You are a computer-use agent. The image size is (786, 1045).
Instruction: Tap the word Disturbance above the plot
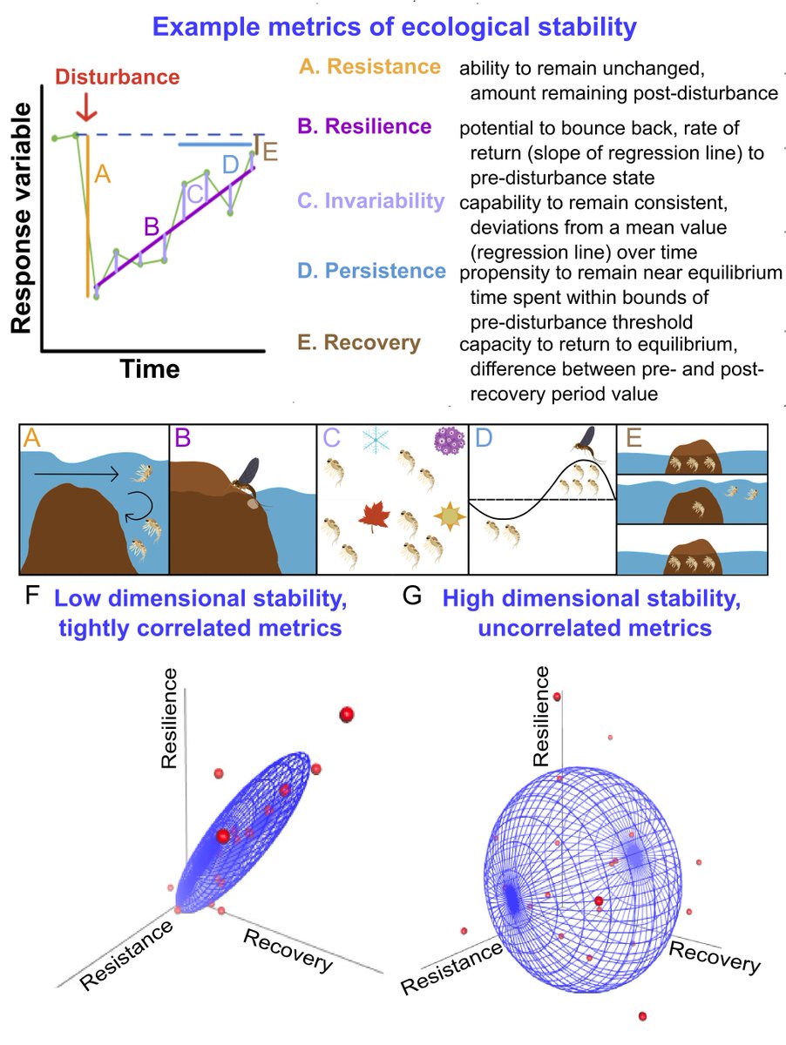click(117, 78)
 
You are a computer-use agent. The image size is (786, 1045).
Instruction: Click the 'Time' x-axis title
click(150, 369)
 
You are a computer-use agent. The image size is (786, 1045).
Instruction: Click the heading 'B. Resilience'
click(364, 126)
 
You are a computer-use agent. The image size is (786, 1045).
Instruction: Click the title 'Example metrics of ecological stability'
click(392, 26)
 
